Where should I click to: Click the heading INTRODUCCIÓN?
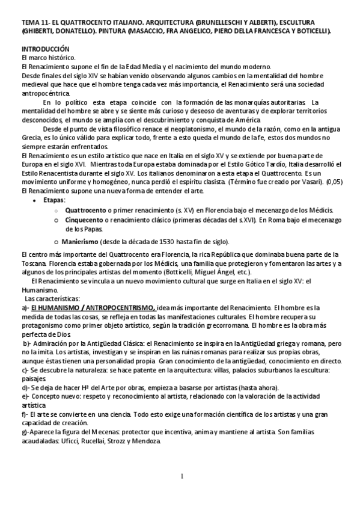pyautogui.click(x=46, y=48)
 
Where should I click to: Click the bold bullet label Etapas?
pyautogui.click(x=56, y=199)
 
